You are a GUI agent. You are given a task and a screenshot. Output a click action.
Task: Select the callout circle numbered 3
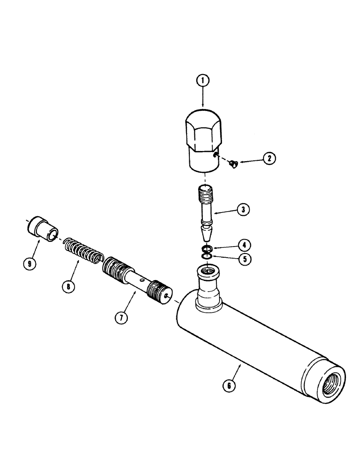(x=242, y=210)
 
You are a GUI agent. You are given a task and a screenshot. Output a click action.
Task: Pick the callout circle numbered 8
(x=69, y=287)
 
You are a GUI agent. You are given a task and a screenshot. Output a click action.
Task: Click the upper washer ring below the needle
(x=207, y=247)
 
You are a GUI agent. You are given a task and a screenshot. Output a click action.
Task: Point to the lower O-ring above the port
(x=207, y=255)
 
